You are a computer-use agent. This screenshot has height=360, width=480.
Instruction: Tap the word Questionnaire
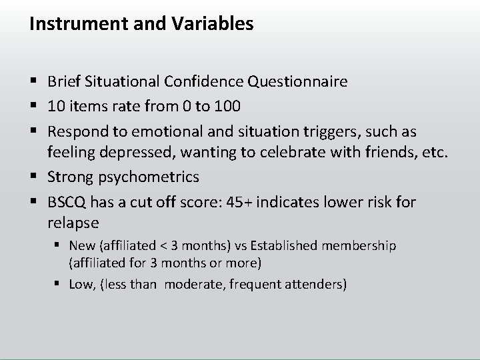coord(297,82)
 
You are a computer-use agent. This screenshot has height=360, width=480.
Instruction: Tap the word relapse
coord(73,221)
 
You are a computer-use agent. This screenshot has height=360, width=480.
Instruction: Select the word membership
coord(363,246)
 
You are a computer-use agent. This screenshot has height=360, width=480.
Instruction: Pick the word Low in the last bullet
coord(82,285)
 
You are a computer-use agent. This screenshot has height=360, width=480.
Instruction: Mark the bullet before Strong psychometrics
coord(34,177)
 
